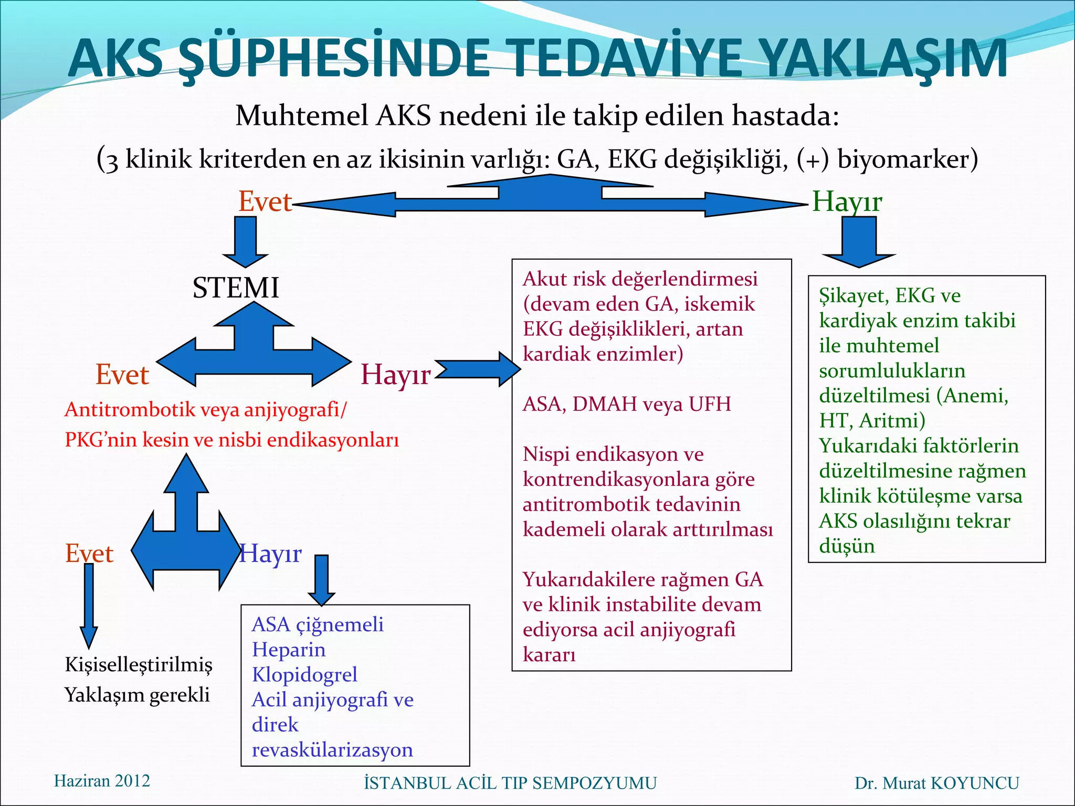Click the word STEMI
coord(236,288)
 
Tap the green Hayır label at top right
coord(847,201)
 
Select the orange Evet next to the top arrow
coord(265,201)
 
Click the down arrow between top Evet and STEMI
coord(245,241)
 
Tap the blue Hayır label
coord(271,554)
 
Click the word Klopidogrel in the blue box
coord(304,675)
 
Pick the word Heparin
coord(289,650)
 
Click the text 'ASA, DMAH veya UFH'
coord(627,404)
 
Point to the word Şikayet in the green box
coord(853,296)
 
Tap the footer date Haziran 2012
coord(102,781)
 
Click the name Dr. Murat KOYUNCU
coord(936,783)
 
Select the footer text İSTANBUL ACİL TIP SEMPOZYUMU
coord(510,783)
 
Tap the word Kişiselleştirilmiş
coord(139,664)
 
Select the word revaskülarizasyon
coord(332,750)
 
